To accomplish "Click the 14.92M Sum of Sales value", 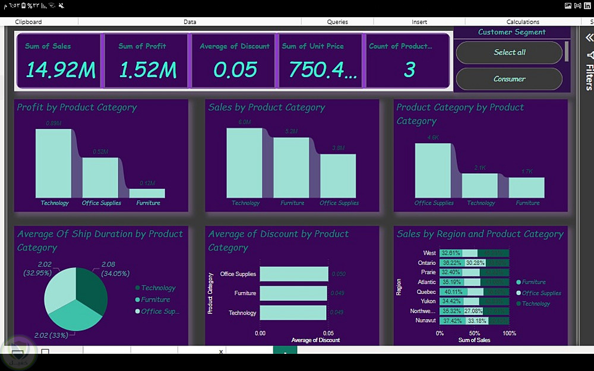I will pos(60,70).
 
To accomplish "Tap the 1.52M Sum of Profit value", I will pos(147,70).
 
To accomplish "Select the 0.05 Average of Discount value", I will pos(235,70).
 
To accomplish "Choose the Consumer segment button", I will pos(509,79).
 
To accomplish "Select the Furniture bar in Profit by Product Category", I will pos(147,193).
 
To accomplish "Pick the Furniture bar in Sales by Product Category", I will pos(291,167).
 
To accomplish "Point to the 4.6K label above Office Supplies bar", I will pos(432,138).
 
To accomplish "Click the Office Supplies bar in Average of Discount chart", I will pos(293,274).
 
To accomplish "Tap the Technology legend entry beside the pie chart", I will pos(158,288).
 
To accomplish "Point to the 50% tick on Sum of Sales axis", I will pos(475,333).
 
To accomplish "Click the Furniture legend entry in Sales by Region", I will pos(534,282).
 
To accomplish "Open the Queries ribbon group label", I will pos(337,22).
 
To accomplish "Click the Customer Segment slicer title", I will pos(511,32).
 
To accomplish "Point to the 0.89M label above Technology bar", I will pos(53,123).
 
